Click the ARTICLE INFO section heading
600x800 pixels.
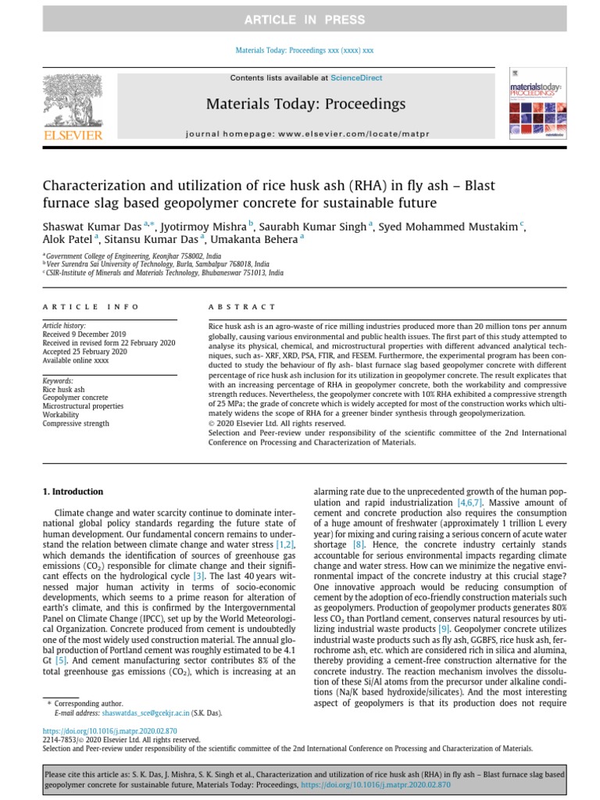pos(91,307)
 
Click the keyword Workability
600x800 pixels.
pos(63,415)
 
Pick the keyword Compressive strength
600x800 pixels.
pos(76,423)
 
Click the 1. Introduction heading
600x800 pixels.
pos(71,491)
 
